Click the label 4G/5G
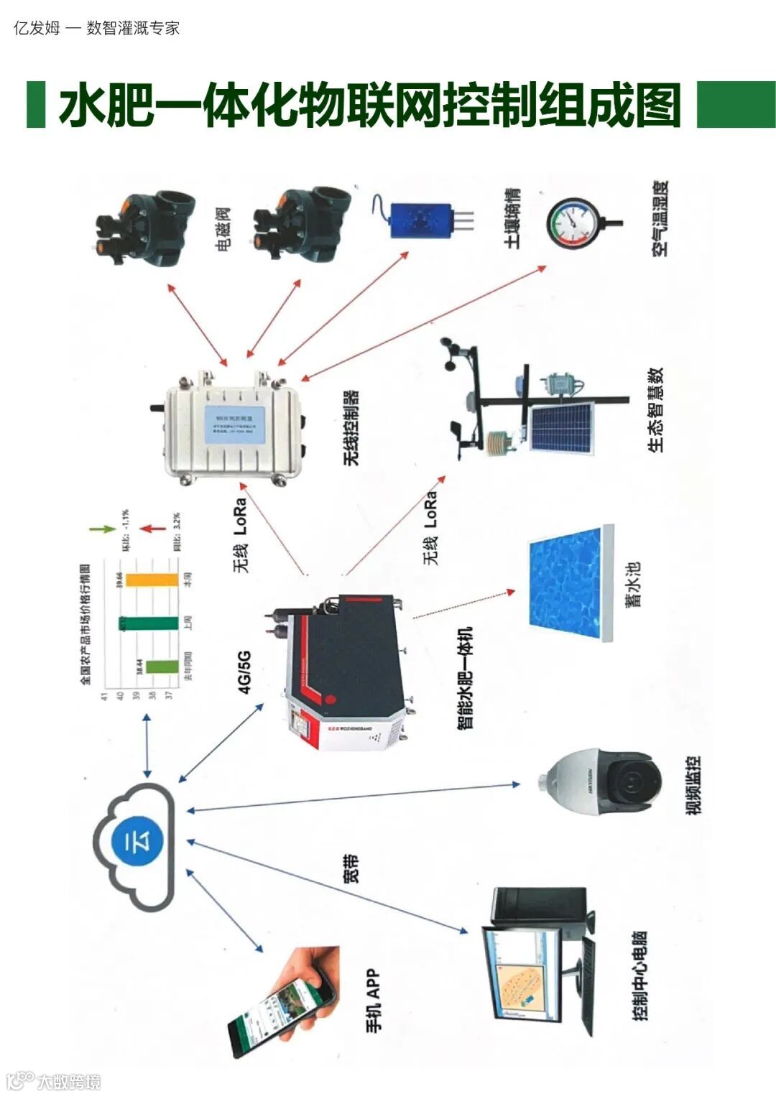pos(244,672)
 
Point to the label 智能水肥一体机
pos(465,678)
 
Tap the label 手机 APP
pos(373,1001)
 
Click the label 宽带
pos(350,868)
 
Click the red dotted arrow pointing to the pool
pos(464,605)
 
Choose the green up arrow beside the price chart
pos(102,529)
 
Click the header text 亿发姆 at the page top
pos(37,28)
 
